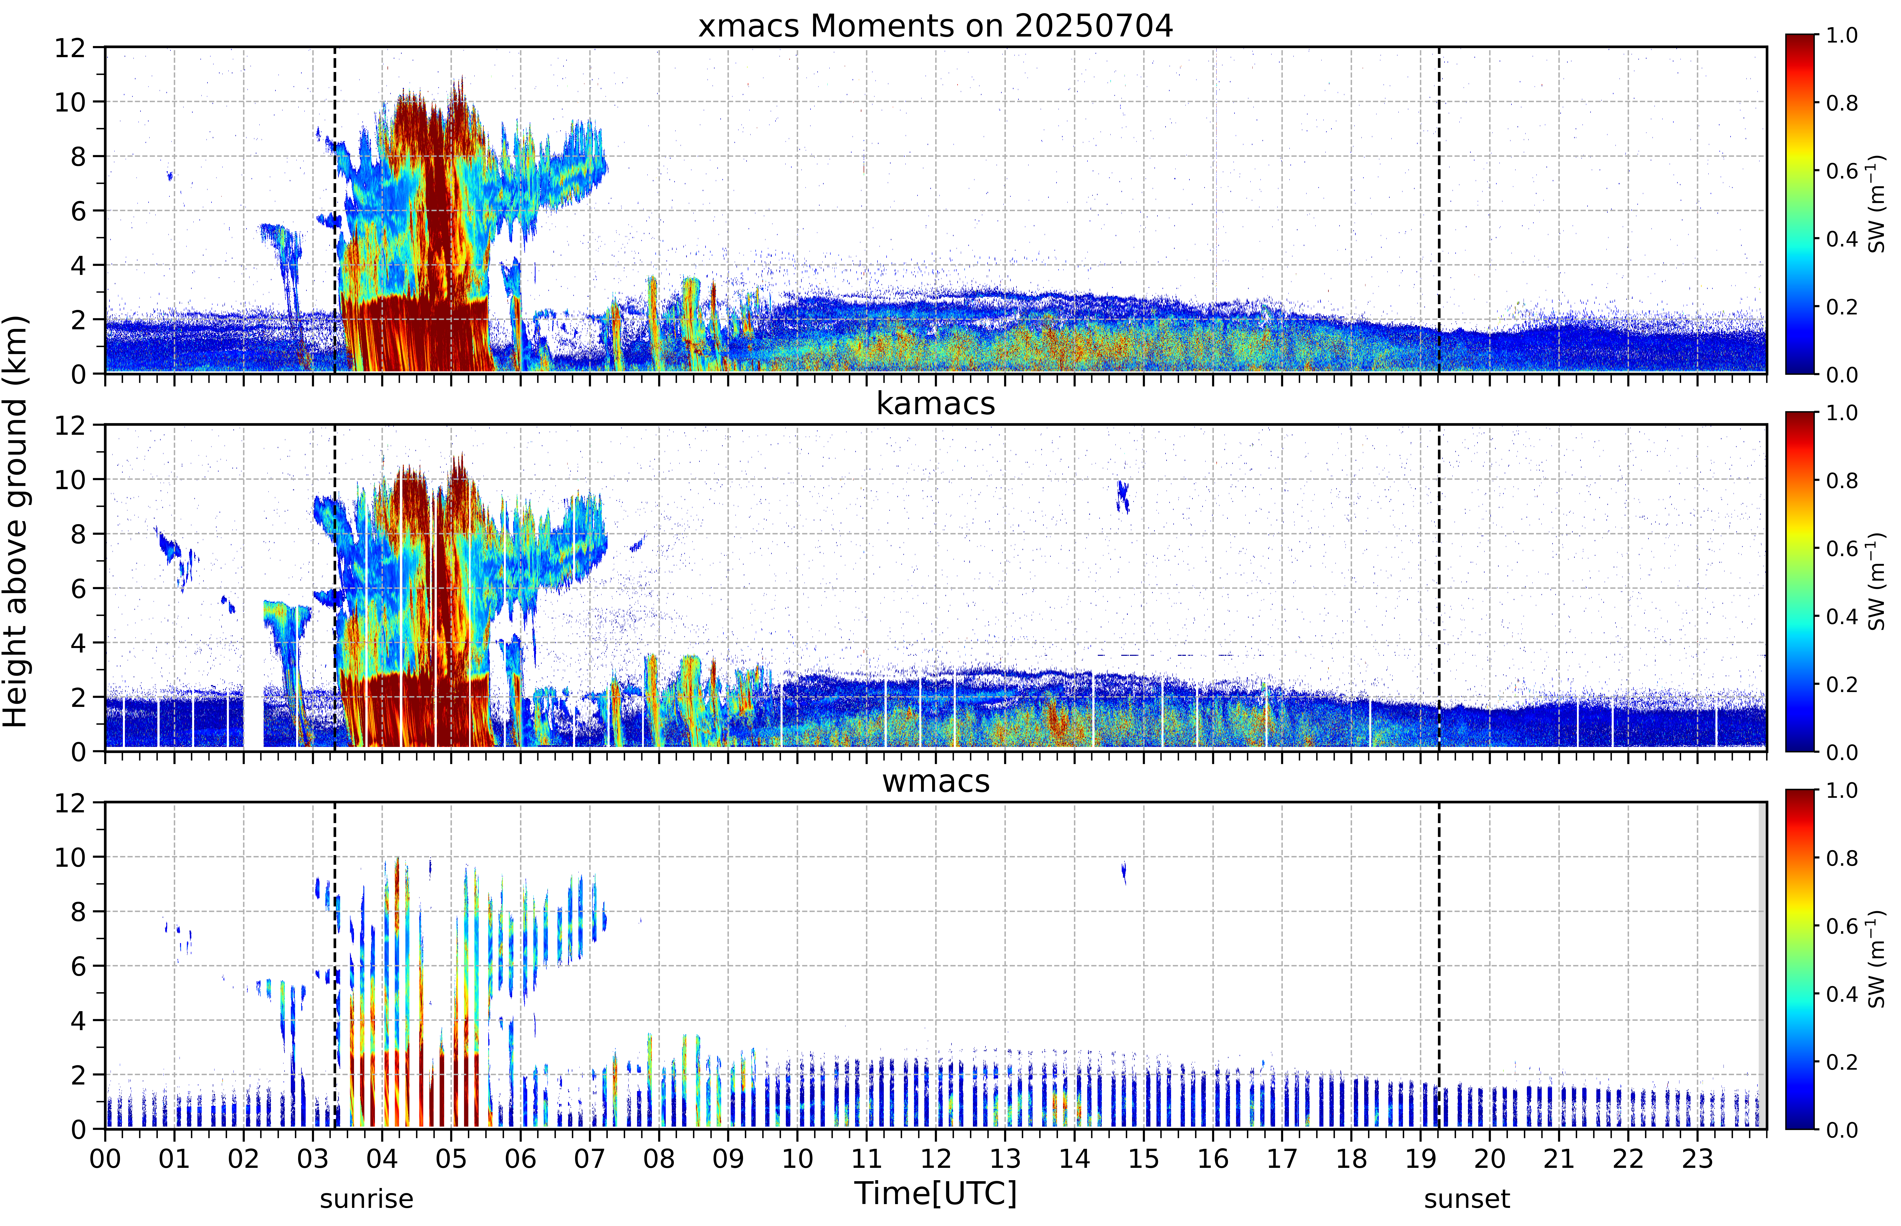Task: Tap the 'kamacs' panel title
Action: (935, 404)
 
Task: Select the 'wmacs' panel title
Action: (935, 781)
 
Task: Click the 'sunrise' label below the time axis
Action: (366, 1198)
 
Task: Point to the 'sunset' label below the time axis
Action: (1466, 1198)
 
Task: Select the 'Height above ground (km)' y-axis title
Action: (16, 521)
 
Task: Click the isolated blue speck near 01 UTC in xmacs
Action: (169, 175)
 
